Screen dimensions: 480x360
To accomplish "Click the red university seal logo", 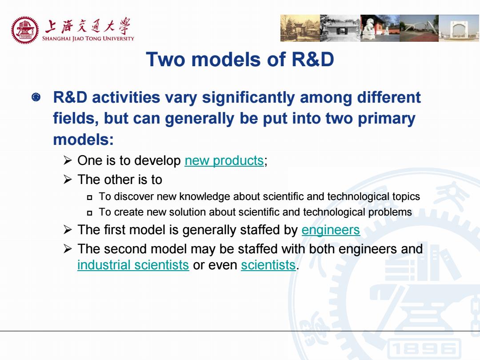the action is (25, 30).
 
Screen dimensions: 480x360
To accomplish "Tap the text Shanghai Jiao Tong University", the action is (88, 39).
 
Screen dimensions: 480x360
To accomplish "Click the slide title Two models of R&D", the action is (240, 59).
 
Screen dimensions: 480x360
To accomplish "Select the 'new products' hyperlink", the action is (224, 160).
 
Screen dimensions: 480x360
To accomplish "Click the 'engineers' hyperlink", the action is (331, 230).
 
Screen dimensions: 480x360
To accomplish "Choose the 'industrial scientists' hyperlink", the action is (133, 265).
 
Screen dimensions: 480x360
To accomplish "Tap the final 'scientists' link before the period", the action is (268, 265).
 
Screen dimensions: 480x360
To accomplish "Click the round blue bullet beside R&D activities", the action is (36, 97).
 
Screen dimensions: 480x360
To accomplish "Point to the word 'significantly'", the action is (248, 98).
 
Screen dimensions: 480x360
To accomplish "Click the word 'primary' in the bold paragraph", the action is (387, 119).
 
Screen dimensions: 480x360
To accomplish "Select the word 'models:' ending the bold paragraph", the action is (83, 140).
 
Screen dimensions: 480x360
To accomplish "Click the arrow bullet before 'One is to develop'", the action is (68, 160).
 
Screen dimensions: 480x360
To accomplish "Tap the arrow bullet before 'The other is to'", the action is (68, 180).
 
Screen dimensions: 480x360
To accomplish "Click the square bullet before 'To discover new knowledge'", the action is (89, 197).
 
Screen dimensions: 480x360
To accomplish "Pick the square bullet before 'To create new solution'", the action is (89, 213).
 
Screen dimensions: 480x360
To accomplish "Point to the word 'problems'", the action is (390, 212).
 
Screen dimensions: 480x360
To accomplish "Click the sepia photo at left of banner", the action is (300, 28).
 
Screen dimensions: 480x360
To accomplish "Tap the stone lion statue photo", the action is (380, 28).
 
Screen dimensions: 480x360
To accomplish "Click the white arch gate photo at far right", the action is (459, 28).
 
